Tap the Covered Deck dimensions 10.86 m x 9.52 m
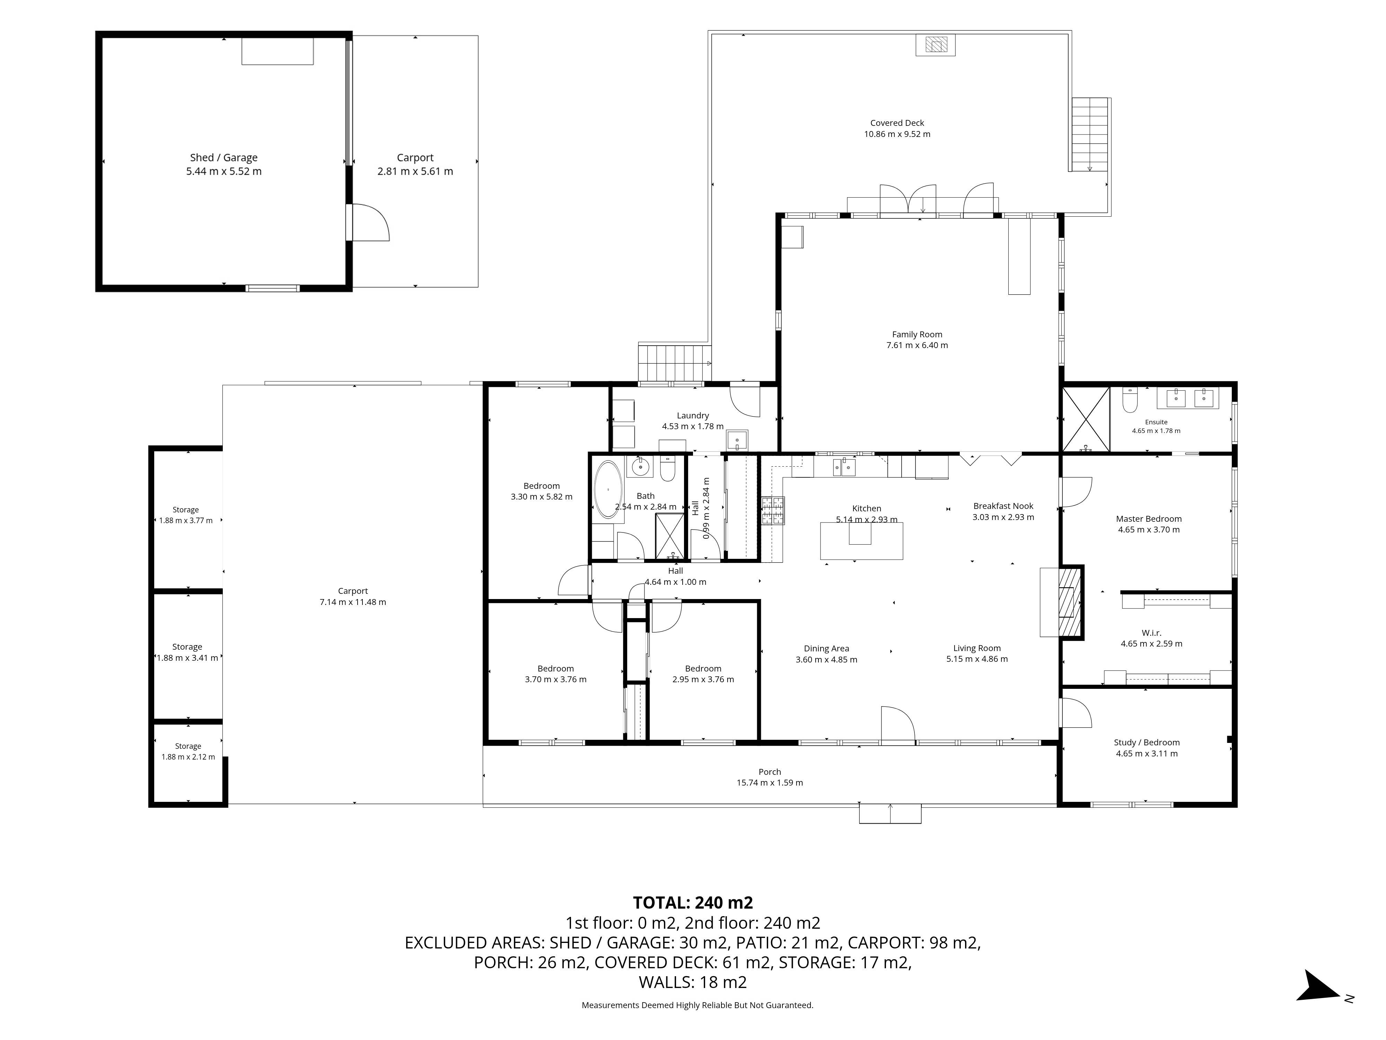(897, 134)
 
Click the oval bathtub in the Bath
(607, 489)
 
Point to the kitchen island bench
(861, 540)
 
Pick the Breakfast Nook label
(1003, 506)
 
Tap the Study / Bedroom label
(1147, 742)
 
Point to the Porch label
(770, 772)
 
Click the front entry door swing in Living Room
(898, 725)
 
